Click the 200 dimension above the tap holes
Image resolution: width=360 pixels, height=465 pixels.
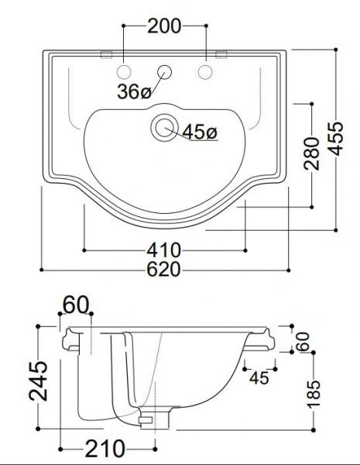[x=164, y=26]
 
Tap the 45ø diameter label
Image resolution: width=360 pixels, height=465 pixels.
[x=200, y=133]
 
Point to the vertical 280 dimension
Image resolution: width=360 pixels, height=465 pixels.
[x=311, y=154]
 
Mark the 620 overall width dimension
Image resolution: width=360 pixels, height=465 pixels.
[x=164, y=270]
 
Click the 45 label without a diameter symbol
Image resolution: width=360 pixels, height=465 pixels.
[x=259, y=377]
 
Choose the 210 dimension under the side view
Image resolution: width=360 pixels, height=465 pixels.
[x=107, y=448]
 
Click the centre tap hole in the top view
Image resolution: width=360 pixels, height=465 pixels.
[x=164, y=72]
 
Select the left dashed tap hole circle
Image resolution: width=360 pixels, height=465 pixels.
[x=123, y=72]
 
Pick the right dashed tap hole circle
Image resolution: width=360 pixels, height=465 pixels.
[x=205, y=72]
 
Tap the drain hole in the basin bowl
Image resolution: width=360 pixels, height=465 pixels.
[x=164, y=127]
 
